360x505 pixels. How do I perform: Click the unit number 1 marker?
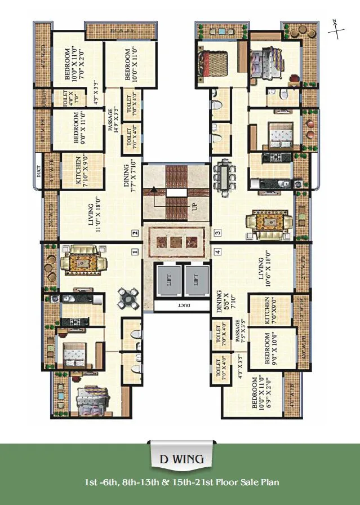coord(135,252)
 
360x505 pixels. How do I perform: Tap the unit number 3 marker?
coord(217,232)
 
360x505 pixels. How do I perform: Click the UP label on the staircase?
coord(195,206)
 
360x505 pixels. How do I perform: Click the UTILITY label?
coord(39,100)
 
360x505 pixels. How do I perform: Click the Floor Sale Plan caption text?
coord(180,482)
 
